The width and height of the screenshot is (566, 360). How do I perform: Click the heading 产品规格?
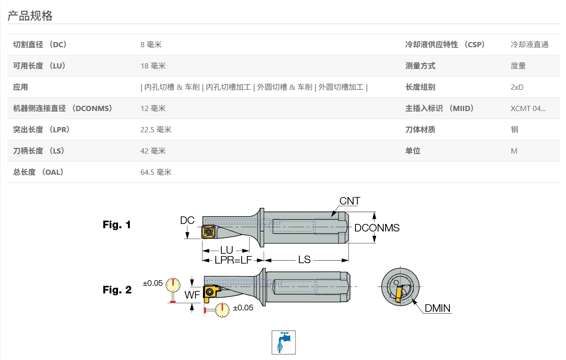coord(30,16)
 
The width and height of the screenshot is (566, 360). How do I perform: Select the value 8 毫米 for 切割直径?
coord(151,45)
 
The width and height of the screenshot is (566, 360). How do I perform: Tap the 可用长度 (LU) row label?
coord(39,66)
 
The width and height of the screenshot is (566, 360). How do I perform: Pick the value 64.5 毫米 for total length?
coord(156,172)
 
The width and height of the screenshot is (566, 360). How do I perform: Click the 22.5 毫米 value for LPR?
coord(156,130)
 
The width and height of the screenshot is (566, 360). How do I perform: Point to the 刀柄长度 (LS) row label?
coord(39,151)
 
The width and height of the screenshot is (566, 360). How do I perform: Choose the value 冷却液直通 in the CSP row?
coord(530,45)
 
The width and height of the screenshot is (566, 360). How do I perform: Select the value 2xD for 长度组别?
coord(517,87)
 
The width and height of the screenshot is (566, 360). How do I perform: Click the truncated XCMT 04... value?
coord(528,109)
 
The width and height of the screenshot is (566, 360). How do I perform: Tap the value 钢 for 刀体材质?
coord(514,130)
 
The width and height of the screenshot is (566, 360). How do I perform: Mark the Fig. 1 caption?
coord(117,225)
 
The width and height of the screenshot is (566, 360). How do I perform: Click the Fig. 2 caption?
coord(117,290)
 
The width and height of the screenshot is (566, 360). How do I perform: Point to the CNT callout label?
coord(350,201)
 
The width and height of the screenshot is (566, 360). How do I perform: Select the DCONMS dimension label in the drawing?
coord(377,228)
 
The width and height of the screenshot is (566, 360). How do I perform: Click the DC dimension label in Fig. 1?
coord(187,220)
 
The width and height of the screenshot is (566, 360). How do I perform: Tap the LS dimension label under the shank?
coord(304,259)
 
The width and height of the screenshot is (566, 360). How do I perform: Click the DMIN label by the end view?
coord(437,309)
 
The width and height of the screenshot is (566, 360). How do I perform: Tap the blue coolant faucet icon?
coord(283,342)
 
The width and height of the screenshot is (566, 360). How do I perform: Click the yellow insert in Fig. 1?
coord(208,231)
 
